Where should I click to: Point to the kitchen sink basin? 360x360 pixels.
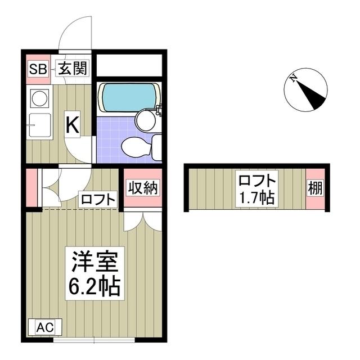[39, 125]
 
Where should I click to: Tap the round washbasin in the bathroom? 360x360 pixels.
[147, 119]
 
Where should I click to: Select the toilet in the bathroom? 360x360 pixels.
[138, 147]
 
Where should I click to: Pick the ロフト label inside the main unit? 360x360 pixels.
[98, 199]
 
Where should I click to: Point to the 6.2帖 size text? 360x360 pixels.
[94, 287]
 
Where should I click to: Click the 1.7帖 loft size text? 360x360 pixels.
[256, 197]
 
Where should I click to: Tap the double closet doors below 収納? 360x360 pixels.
[143, 220]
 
